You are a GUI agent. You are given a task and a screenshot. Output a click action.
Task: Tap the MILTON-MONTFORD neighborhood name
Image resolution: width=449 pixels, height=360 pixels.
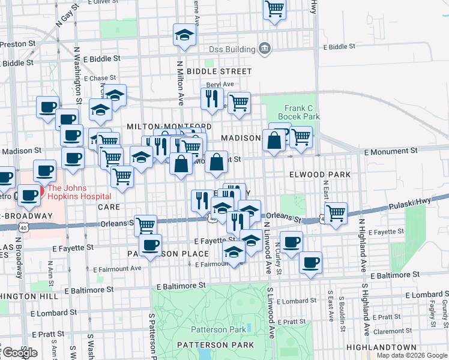pyautogui.click(x=161, y=127)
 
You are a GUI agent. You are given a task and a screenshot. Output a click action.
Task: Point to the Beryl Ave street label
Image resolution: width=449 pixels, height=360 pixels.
pyautogui.click(x=220, y=85)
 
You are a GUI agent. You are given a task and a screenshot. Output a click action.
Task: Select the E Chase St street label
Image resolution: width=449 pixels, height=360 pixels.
pyautogui.click(x=100, y=78)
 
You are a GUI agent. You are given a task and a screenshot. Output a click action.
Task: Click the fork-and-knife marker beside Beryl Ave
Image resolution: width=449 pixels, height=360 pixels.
pyautogui.click(x=211, y=97)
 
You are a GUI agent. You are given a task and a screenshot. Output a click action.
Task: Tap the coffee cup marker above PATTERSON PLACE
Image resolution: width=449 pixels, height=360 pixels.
pyautogui.click(x=150, y=244)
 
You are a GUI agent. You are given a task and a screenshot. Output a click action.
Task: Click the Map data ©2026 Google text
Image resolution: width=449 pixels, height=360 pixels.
pyautogui.click(x=412, y=355)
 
